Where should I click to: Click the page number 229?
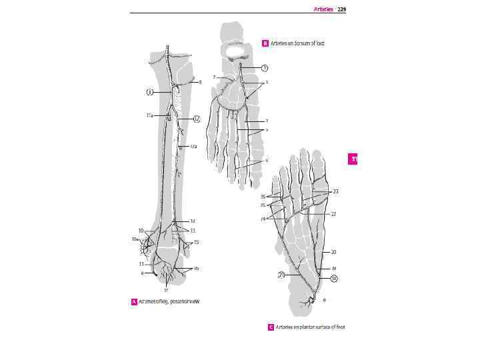point(341,9)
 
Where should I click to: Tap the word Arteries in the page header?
point(323,9)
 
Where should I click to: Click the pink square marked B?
point(265,43)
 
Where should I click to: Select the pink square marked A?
point(134,301)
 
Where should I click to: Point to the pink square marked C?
point(271,327)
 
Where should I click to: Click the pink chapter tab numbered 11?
point(354,159)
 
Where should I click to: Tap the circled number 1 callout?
point(265,68)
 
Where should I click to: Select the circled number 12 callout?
point(197,119)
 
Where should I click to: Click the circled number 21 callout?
point(283,274)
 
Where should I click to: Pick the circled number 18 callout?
point(334,279)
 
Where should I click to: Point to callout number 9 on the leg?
point(200,82)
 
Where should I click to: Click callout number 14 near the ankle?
point(193,221)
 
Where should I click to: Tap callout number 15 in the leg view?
point(196,242)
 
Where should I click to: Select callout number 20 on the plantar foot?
point(333,253)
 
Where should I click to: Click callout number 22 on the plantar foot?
point(333,214)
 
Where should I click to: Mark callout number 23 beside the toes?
point(335,191)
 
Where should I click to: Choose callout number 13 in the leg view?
point(192,231)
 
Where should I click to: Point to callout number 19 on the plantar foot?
point(333,268)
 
